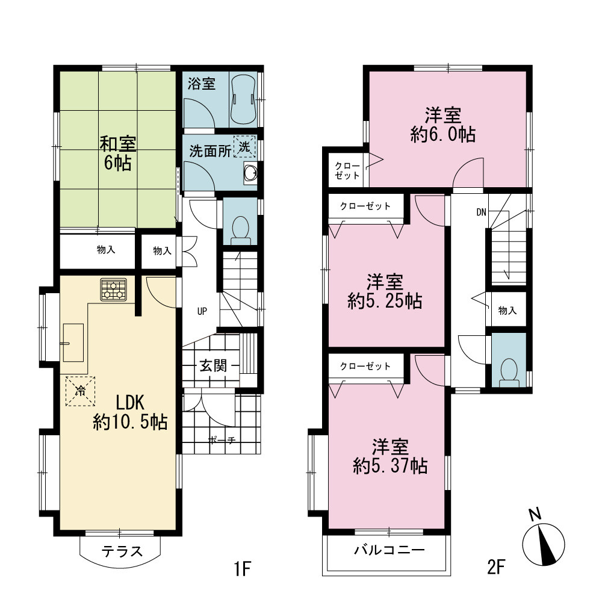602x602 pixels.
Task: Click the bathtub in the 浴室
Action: (243, 99)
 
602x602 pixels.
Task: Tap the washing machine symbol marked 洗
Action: (244, 146)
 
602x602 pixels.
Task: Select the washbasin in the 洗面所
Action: (250, 173)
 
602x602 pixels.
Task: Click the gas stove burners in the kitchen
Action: (114, 290)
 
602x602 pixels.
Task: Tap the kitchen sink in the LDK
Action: (73, 343)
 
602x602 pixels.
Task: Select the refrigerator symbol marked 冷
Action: (80, 391)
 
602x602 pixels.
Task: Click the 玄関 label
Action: (213, 365)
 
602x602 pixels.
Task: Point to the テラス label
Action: (122, 551)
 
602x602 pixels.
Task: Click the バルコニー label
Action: (389, 550)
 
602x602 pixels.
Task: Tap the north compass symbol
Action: (543, 541)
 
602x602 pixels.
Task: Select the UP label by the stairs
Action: (202, 311)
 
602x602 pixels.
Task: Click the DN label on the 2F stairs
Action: (482, 212)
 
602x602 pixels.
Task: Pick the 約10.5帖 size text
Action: (130, 423)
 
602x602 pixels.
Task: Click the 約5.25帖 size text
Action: (385, 302)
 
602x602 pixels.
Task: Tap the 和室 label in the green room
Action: (117, 144)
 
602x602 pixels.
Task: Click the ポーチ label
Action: (222, 440)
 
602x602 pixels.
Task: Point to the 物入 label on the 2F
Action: (507, 310)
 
